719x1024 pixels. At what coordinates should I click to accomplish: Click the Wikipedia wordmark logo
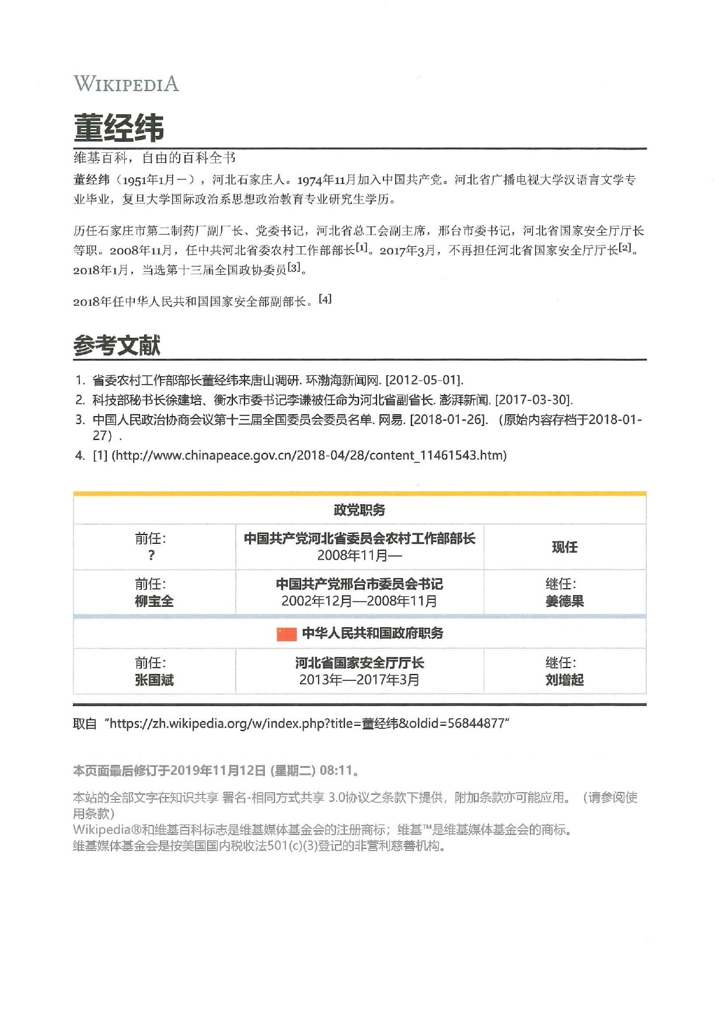126,84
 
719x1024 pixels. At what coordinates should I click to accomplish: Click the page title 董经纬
118,128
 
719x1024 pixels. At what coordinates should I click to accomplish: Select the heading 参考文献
117,345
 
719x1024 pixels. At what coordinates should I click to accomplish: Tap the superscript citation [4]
325,299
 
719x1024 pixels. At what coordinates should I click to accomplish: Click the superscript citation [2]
625,247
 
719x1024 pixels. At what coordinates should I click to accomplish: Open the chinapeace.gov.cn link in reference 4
309,455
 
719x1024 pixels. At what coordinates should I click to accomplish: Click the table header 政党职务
359,510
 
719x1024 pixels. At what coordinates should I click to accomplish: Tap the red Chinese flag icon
287,634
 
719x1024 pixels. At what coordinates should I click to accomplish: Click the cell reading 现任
564,547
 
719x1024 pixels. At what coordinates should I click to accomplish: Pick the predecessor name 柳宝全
154,601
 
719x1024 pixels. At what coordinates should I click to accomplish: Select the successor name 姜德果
564,601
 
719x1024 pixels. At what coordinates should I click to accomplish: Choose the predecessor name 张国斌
154,680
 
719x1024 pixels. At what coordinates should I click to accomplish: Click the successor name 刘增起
564,680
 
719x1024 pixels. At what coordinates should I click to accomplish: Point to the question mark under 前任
152,555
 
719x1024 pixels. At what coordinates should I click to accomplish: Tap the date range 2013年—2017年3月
359,680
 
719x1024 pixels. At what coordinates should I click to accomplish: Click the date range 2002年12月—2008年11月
359,601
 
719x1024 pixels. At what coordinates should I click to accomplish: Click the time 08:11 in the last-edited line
336,770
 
